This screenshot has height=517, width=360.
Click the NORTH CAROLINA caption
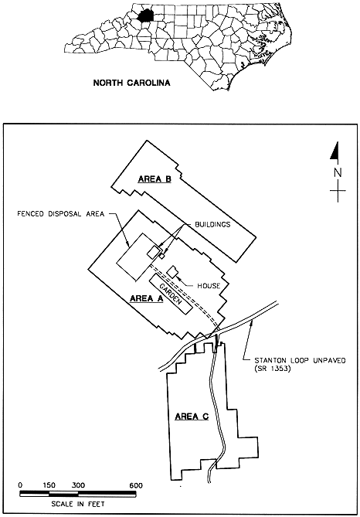(x=132, y=83)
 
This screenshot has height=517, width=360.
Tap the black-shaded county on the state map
(x=144, y=15)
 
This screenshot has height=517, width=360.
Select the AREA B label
(x=155, y=179)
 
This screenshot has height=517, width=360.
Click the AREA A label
(x=147, y=298)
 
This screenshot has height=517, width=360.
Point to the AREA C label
(x=192, y=417)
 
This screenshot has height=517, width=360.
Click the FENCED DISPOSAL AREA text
(x=61, y=214)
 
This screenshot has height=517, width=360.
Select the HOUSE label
(x=209, y=285)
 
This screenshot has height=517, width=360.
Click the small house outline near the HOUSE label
(x=172, y=272)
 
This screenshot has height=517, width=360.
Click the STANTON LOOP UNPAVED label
(x=299, y=360)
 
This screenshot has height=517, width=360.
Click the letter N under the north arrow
(x=338, y=173)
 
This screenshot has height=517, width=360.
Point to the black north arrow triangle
(x=335, y=152)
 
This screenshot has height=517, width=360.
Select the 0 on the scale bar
(x=20, y=485)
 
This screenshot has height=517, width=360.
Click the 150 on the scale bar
(x=49, y=485)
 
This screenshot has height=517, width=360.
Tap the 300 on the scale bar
(x=78, y=485)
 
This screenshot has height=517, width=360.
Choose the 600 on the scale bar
(x=136, y=485)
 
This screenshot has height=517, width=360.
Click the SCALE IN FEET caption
(x=78, y=504)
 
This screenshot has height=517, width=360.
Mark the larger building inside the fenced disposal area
(x=153, y=253)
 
